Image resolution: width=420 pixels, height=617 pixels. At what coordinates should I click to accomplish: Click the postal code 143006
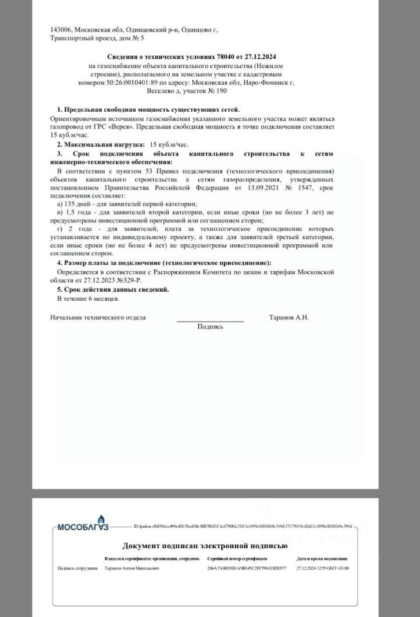[x=62, y=30]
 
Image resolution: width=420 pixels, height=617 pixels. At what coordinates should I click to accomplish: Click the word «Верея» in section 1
[x=122, y=127]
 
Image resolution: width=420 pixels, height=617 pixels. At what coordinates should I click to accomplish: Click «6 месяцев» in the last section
[x=104, y=299]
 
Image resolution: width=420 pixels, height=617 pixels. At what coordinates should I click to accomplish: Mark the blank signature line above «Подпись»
[x=210, y=320]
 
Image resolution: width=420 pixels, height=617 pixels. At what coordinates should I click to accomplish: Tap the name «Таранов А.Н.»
[x=289, y=317]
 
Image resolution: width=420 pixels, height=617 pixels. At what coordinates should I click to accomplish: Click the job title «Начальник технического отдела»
[x=98, y=317]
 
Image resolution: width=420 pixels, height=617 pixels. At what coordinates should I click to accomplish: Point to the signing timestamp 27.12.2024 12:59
[x=314, y=568]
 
